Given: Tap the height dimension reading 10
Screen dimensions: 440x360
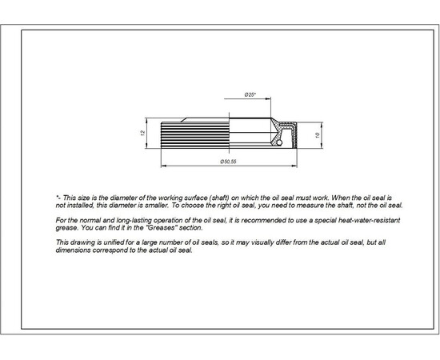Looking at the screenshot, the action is point(318,137).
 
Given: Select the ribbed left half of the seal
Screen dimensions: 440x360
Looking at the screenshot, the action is point(195,133).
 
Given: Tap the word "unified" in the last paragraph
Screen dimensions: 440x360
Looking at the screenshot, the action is point(116,242).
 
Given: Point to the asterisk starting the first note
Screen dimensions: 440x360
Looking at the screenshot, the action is point(57,196).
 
